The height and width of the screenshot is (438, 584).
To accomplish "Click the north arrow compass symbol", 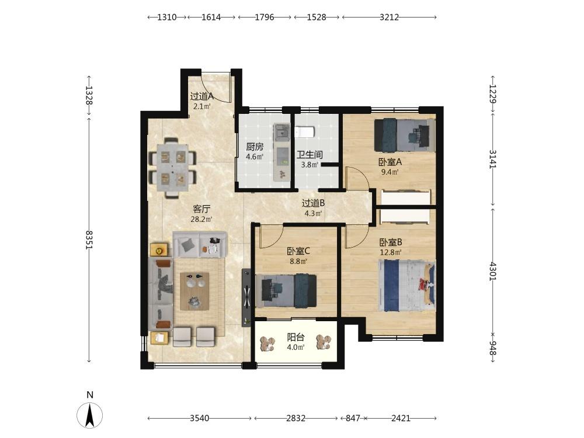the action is pyautogui.click(x=89, y=415).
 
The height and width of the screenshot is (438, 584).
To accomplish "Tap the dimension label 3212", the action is pyautogui.click(x=389, y=17).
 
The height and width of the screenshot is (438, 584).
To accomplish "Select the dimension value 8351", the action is pyautogui.click(x=89, y=239).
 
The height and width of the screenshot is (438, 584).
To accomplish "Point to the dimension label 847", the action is pyautogui.click(x=352, y=418).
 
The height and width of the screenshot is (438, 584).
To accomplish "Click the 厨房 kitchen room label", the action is pyautogui.click(x=255, y=147).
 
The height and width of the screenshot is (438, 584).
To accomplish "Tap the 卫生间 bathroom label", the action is pyautogui.click(x=310, y=155).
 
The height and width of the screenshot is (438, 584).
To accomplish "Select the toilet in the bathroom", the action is pyautogui.click(x=305, y=131).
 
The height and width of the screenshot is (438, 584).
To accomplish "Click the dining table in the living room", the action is pyautogui.click(x=173, y=168).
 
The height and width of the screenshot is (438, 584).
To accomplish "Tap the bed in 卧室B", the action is pyautogui.click(x=406, y=286).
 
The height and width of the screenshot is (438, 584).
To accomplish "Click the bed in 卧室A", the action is pyautogui.click(x=405, y=135).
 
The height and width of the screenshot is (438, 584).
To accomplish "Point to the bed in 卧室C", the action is pyautogui.click(x=286, y=291).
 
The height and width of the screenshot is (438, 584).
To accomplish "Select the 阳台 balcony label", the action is pyautogui.click(x=296, y=338).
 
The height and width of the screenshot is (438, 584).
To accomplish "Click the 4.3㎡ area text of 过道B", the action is pyautogui.click(x=313, y=213).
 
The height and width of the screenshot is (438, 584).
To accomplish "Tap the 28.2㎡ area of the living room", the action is pyautogui.click(x=201, y=219).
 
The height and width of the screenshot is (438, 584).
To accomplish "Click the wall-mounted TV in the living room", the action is pyautogui.click(x=246, y=297).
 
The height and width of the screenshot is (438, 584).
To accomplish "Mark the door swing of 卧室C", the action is pyautogui.click(x=272, y=237).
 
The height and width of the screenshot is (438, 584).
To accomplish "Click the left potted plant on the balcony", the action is pyautogui.click(x=267, y=343).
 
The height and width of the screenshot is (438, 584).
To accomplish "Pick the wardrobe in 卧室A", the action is pyautogui.click(x=406, y=197).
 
